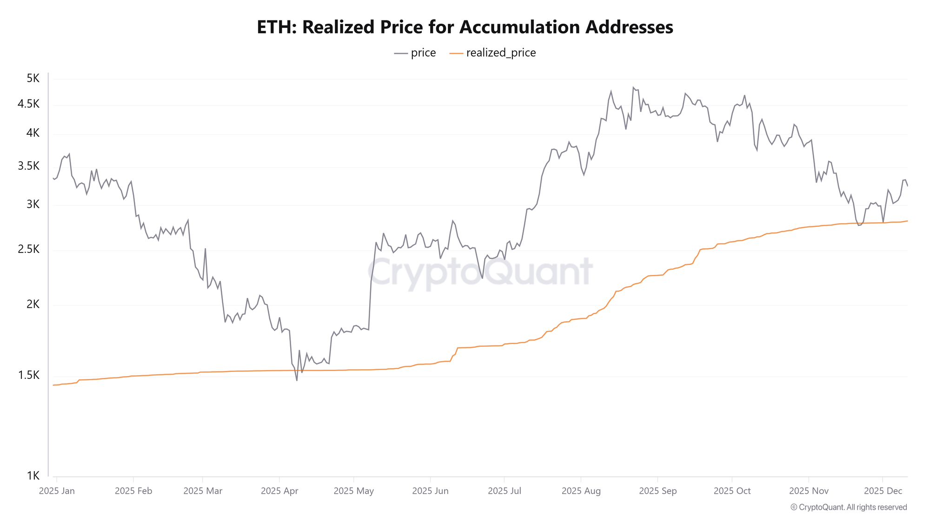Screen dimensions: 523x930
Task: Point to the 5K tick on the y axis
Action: click(x=33, y=78)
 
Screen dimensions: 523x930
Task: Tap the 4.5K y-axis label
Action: click(x=29, y=104)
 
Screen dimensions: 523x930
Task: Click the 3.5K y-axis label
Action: click(x=29, y=166)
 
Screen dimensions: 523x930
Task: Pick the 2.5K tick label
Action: click(x=29, y=250)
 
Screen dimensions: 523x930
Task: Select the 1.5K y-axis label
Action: click(x=29, y=375)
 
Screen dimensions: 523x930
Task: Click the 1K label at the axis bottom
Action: click(x=33, y=476)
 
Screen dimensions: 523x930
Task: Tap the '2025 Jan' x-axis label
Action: click(x=57, y=491)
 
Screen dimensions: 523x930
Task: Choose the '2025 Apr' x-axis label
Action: click(x=279, y=491)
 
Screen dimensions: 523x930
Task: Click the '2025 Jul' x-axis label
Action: click(x=505, y=491)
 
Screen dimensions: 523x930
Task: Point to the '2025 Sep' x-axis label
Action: click(x=658, y=491)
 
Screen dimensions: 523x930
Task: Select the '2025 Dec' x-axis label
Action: click(x=883, y=491)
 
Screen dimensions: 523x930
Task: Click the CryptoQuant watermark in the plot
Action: click(x=480, y=272)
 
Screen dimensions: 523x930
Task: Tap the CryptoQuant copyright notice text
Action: click(x=849, y=507)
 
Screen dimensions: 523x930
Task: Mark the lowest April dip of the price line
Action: click(x=297, y=381)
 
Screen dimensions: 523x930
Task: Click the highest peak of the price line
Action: click(x=633, y=87)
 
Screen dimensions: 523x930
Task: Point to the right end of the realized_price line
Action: click(x=907, y=221)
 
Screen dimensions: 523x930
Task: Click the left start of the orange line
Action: click(x=53, y=385)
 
